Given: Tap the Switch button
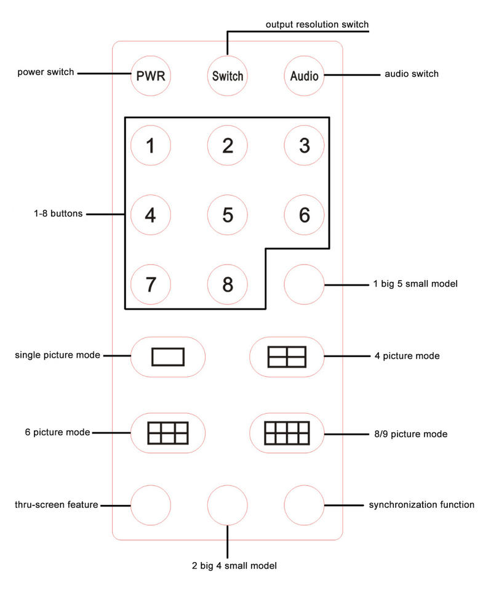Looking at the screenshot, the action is [x=228, y=76].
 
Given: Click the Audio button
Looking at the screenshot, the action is [x=305, y=76].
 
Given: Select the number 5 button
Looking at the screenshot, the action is [x=228, y=215].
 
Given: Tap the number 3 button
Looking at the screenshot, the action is [x=304, y=146].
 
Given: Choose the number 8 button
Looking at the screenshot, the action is [x=228, y=284].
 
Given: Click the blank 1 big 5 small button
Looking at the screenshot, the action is [x=304, y=284].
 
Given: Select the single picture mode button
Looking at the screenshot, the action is [x=167, y=357].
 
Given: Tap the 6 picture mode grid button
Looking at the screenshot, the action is [x=167, y=433].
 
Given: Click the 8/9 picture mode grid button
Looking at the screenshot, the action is [x=287, y=433].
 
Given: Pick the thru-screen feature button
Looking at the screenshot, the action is [x=151, y=505].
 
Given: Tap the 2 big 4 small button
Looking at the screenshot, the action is [x=228, y=505].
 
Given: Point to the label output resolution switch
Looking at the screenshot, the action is [x=317, y=25].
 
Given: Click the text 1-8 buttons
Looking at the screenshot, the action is [x=58, y=214].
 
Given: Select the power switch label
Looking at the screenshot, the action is [x=46, y=73].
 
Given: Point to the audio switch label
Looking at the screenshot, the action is [x=412, y=74].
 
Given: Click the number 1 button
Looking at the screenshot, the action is [x=151, y=146].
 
